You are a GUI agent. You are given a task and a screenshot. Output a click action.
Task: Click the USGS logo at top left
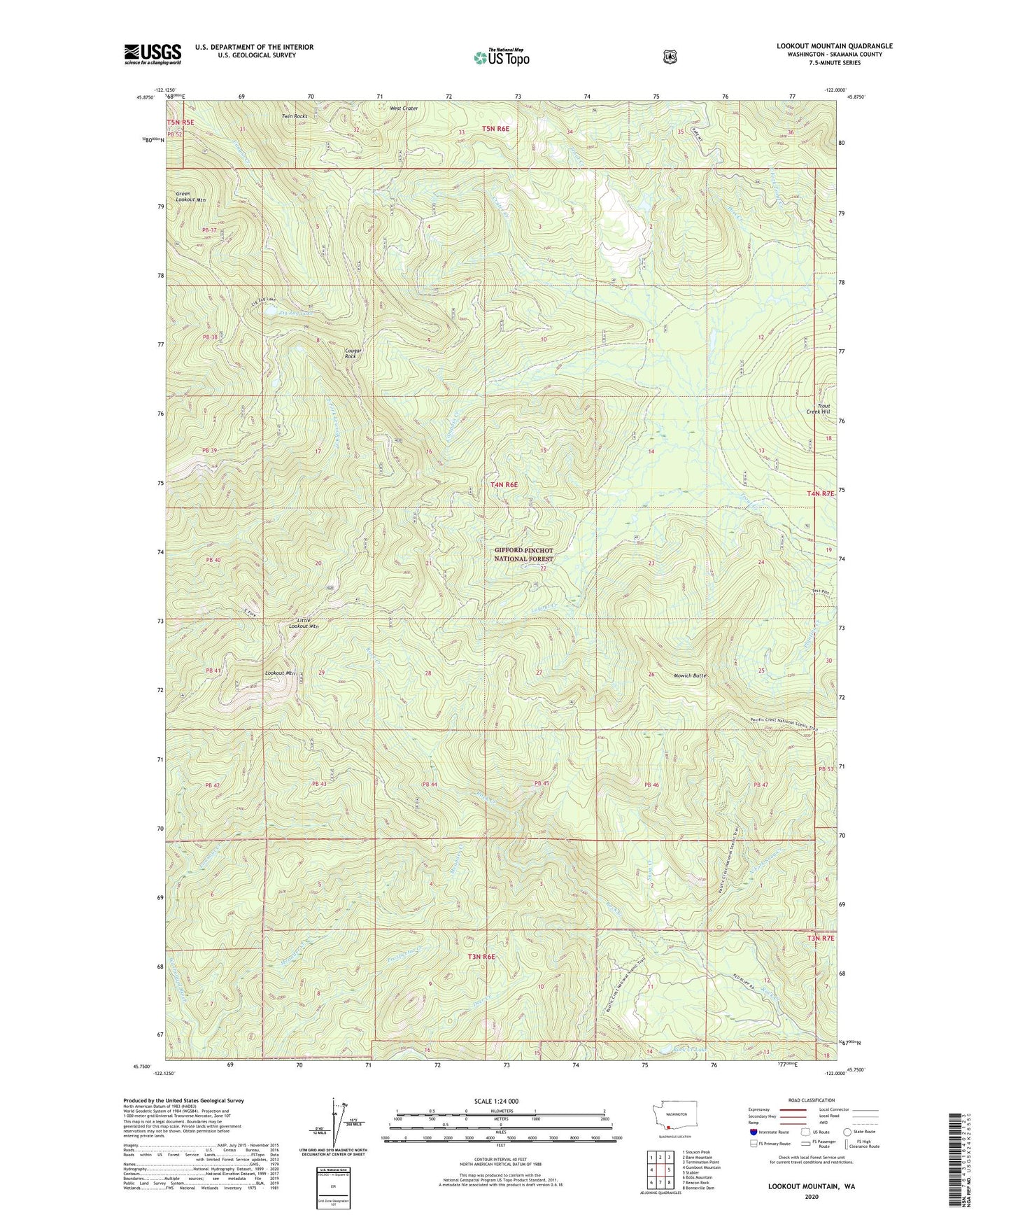click(x=153, y=54)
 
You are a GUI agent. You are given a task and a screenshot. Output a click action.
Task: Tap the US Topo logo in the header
click(x=501, y=57)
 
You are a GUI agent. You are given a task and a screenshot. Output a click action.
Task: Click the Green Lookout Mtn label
click(x=191, y=197)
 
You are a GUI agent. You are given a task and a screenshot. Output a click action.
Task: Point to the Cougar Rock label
click(x=351, y=353)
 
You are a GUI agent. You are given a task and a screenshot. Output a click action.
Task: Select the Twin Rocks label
click(x=294, y=116)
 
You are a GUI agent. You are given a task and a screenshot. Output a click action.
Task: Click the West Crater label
click(x=404, y=108)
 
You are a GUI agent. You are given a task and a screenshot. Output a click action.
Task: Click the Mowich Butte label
click(x=690, y=675)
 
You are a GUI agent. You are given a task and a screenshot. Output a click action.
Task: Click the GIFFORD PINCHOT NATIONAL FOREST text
click(x=523, y=555)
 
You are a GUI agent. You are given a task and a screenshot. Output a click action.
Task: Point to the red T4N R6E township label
click(x=504, y=484)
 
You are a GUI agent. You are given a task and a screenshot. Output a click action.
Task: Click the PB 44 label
click(x=430, y=784)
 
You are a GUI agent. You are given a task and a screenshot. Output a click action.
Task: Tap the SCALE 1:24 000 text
click(x=496, y=1101)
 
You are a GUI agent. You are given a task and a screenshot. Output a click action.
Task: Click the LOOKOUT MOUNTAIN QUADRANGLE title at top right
click(x=834, y=46)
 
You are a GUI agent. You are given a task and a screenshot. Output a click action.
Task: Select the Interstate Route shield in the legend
click(x=752, y=1132)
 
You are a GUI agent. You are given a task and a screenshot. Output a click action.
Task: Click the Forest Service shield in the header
click(x=670, y=57)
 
